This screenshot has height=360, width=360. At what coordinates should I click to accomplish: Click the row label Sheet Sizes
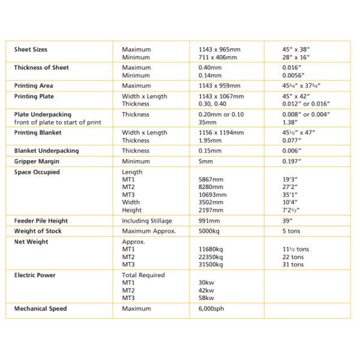click(x=31, y=49)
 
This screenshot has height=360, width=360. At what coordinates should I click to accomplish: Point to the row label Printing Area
click(x=34, y=86)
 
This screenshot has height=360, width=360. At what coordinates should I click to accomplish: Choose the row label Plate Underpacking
click(x=43, y=114)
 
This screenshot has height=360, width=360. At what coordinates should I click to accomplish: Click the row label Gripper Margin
click(x=36, y=161)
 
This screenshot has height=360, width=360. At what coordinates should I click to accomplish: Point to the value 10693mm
click(x=212, y=194)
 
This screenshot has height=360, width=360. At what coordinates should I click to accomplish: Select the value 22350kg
click(x=212, y=256)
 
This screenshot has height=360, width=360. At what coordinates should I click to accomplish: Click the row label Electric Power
click(x=35, y=275)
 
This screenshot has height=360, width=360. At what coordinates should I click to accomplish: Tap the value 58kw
click(x=206, y=297)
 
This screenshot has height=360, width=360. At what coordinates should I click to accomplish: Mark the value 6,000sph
click(x=212, y=308)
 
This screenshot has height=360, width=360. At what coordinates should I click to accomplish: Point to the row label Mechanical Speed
click(x=41, y=308)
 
